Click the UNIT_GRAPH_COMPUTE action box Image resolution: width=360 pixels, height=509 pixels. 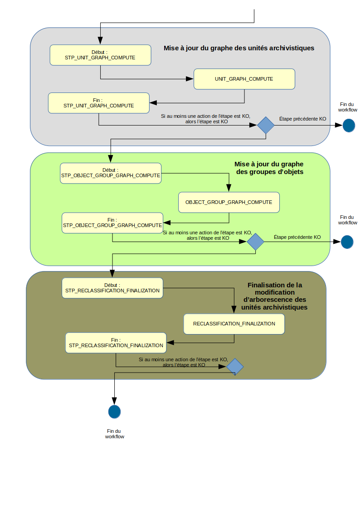coord(244,79)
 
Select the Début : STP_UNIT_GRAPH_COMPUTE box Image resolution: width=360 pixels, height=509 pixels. coord(100,55)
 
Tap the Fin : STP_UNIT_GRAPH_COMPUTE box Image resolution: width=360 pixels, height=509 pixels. coord(99,103)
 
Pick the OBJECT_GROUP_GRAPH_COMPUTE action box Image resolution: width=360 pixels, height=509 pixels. coord(229,202)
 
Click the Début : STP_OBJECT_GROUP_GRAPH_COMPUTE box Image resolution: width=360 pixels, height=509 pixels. coord(111,173)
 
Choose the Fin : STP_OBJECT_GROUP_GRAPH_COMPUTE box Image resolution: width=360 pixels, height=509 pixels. coord(112,223)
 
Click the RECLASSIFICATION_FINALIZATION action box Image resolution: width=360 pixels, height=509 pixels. coord(234,324)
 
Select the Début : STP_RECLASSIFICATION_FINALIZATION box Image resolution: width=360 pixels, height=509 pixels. coord(112,288)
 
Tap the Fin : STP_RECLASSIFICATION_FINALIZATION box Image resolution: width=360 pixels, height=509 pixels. coord(116,343)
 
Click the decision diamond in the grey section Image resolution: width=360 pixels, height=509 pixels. coord(266,125)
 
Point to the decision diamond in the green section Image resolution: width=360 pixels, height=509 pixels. coord(255,242)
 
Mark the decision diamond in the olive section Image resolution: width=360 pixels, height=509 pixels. coord(235,366)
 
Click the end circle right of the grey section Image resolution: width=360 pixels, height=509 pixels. coord(348,126)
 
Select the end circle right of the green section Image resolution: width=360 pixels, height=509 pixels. coord(347,242)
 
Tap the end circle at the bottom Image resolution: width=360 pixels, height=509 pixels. coord(114,412)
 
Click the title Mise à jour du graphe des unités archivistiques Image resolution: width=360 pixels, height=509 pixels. coord(239,48)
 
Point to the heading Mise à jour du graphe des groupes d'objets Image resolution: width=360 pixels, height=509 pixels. coord(269,168)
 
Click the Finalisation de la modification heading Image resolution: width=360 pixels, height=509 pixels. coord(275,296)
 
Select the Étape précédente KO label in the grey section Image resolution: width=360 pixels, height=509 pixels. coord(302,119)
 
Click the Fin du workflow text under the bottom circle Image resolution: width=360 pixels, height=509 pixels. coord(115,434)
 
